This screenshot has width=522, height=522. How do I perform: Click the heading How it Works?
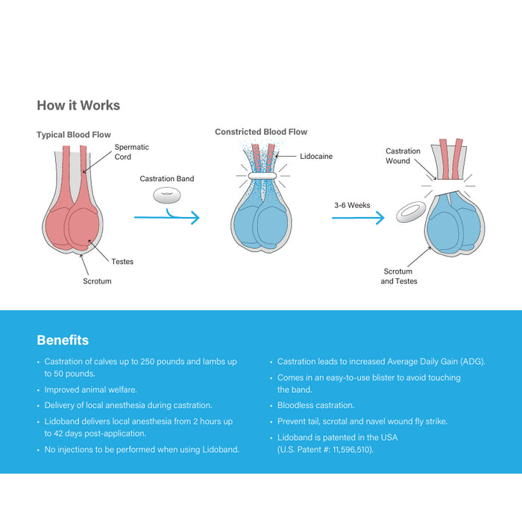coord(78,105)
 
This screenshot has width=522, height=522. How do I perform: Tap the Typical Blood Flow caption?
coord(74,135)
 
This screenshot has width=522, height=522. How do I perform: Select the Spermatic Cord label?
coord(131,152)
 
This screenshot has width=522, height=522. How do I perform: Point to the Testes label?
coord(122,262)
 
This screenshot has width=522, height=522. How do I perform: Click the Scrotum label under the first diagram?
coord(97,282)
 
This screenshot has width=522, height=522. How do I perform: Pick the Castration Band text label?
coord(167,179)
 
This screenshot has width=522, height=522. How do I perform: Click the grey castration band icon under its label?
coord(167,196)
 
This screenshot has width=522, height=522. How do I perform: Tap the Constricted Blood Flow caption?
coord(261,132)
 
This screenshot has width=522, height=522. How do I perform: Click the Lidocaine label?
coord(316,157)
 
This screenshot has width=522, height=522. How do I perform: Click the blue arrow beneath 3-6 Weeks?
coord(358,218)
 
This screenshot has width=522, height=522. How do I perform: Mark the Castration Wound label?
coord(403,156)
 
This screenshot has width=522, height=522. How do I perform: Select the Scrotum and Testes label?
coord(399,277)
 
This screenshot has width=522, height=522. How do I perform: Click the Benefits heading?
coord(63,340)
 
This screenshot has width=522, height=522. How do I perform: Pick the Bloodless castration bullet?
coord(315,405)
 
